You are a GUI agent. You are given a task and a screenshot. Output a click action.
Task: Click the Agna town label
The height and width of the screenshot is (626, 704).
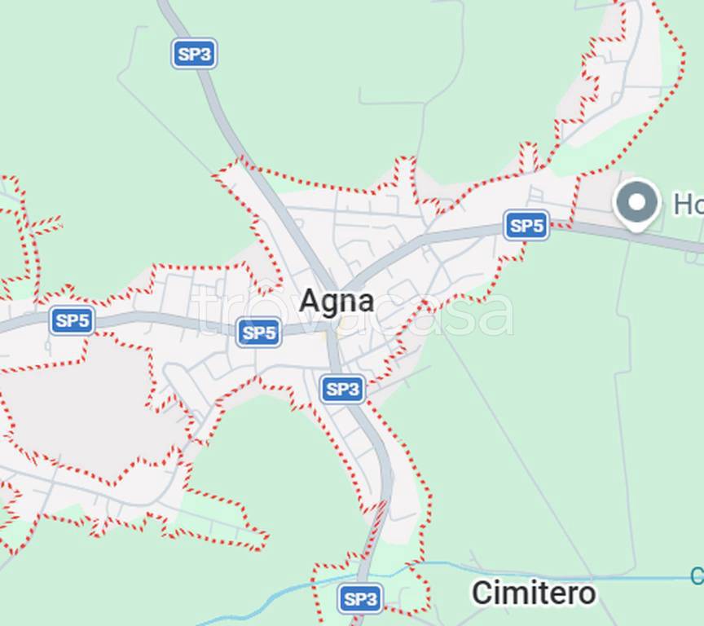tap(337, 301)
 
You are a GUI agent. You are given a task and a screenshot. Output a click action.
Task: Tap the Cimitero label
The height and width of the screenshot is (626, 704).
tap(534, 593)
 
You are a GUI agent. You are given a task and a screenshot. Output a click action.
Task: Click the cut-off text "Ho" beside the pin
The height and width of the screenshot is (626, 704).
tap(688, 204)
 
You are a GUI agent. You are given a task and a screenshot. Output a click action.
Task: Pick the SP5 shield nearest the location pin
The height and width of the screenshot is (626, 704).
tap(526, 225)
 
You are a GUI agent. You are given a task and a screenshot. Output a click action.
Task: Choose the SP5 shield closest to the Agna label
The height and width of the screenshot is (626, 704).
tap(259, 333)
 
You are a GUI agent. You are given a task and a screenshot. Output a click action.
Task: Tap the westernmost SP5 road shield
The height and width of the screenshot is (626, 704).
tap(73, 320)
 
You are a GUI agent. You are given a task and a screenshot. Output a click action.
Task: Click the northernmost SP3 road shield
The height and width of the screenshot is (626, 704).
tap(195, 55)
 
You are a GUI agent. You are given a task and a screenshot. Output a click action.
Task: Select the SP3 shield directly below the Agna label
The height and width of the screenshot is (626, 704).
tap(342, 389)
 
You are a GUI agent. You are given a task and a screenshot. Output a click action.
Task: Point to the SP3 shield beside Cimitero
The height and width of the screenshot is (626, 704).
tap(360, 599)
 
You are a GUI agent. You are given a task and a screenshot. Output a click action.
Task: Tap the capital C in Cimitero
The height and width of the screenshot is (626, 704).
tap(482, 593)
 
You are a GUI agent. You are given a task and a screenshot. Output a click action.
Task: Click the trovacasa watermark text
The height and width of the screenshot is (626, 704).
tap(354, 313)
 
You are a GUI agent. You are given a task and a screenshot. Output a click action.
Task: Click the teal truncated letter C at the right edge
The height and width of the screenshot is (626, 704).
tap(697, 576)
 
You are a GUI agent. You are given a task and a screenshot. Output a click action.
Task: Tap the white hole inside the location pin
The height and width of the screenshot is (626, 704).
tap(637, 199)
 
